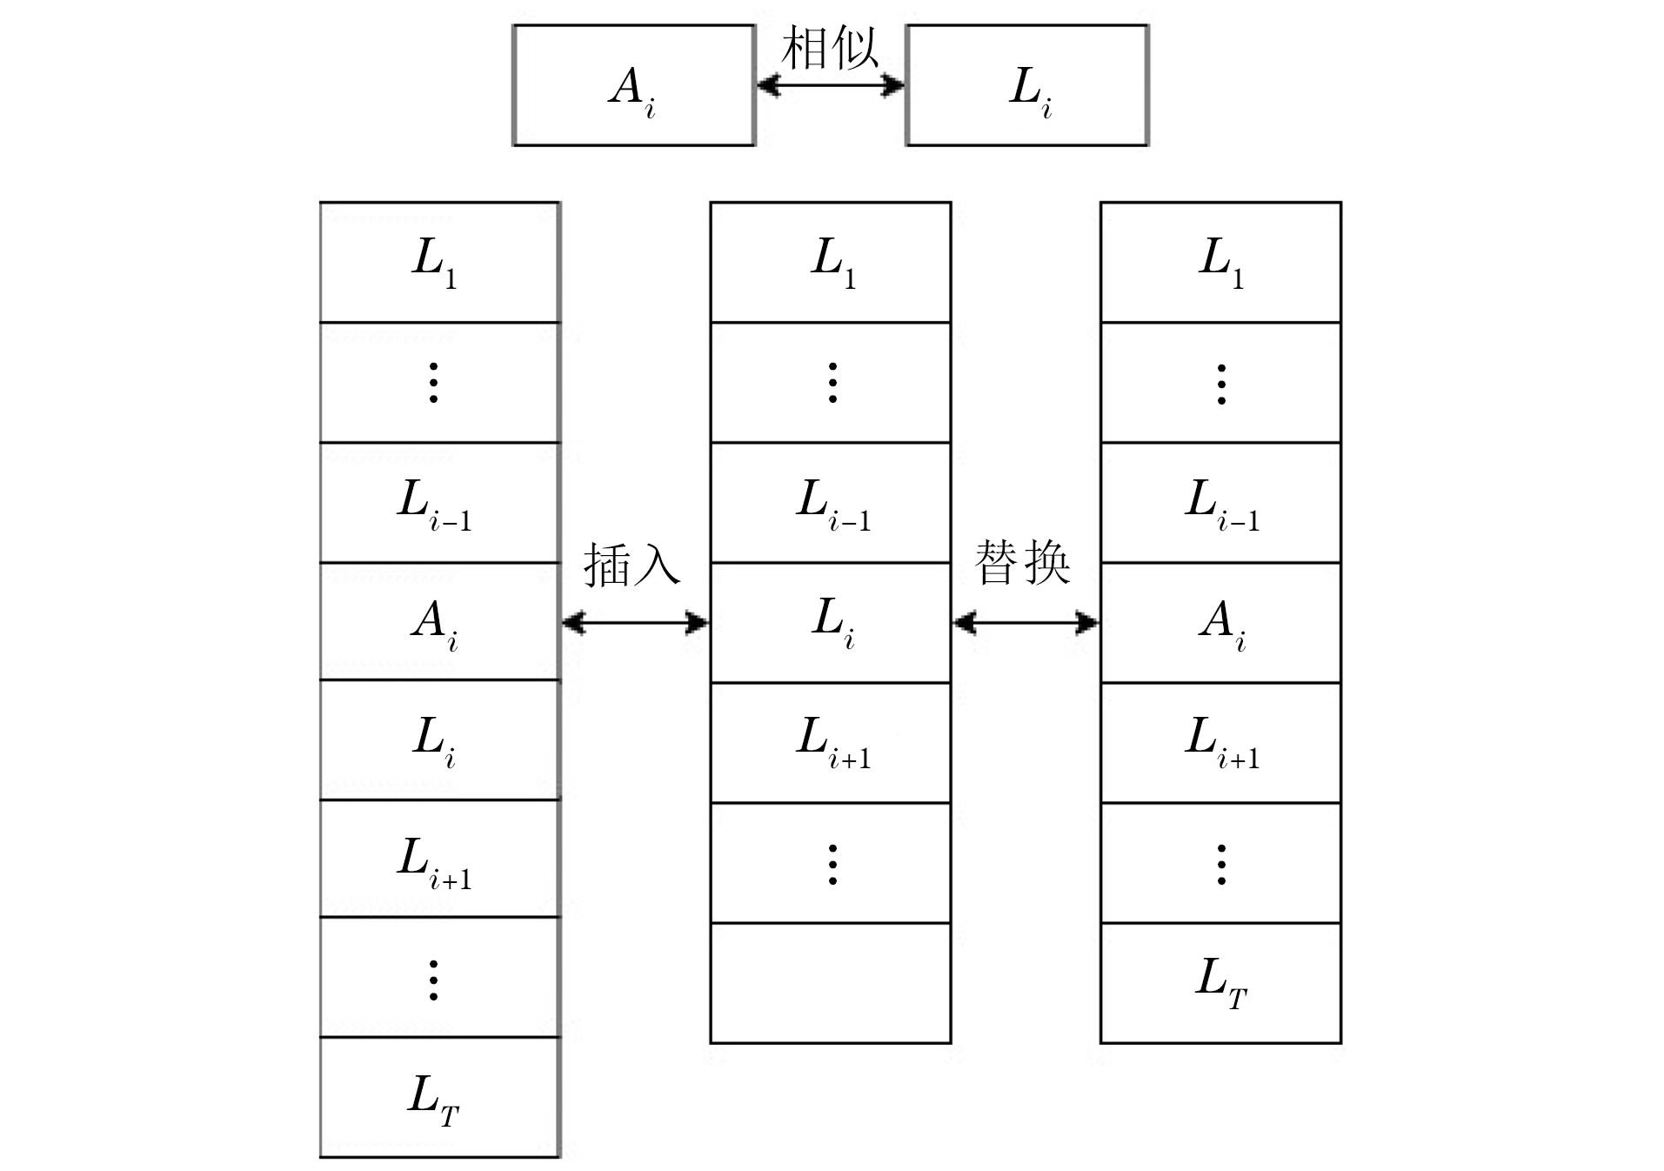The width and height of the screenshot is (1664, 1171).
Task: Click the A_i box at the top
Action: (x=633, y=85)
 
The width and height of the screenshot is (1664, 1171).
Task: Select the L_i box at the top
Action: (x=1027, y=85)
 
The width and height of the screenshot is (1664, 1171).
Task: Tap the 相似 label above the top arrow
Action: (x=830, y=49)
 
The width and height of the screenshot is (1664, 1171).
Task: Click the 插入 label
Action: (x=632, y=565)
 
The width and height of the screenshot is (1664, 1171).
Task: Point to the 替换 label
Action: (x=1022, y=563)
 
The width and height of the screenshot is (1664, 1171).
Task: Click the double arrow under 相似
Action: (x=831, y=85)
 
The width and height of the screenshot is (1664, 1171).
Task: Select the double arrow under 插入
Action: (x=635, y=622)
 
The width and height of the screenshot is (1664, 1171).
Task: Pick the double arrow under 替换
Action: (x=1026, y=622)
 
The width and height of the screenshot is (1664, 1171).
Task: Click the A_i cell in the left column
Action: (x=439, y=621)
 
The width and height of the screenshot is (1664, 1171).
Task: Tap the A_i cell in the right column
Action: (x=1220, y=623)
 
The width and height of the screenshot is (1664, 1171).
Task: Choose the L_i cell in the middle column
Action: (x=831, y=623)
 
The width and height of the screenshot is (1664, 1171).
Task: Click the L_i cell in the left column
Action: (x=439, y=739)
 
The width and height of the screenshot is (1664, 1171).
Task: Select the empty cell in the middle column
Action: (x=831, y=983)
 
